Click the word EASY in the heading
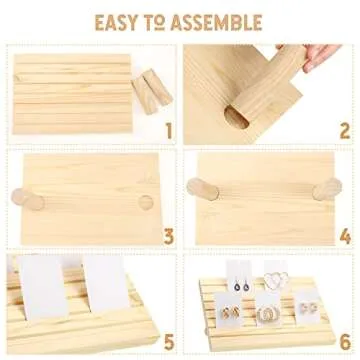pos(116,23)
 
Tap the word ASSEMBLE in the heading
pos(217,23)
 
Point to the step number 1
pos(169,131)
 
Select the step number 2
pos(345,131)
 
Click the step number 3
pos(169,237)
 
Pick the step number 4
pos(345,237)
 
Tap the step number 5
pos(169,342)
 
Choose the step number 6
pos(345,342)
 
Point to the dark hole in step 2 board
pos(236,117)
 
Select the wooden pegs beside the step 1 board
pos(152,90)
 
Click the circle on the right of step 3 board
pos(146,203)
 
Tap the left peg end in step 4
pos(202,189)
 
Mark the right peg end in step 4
pos(327,189)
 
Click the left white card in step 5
pos(43,287)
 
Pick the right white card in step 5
pos(106,284)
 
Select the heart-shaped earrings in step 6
pos(276,280)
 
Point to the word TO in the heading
pos(154,23)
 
